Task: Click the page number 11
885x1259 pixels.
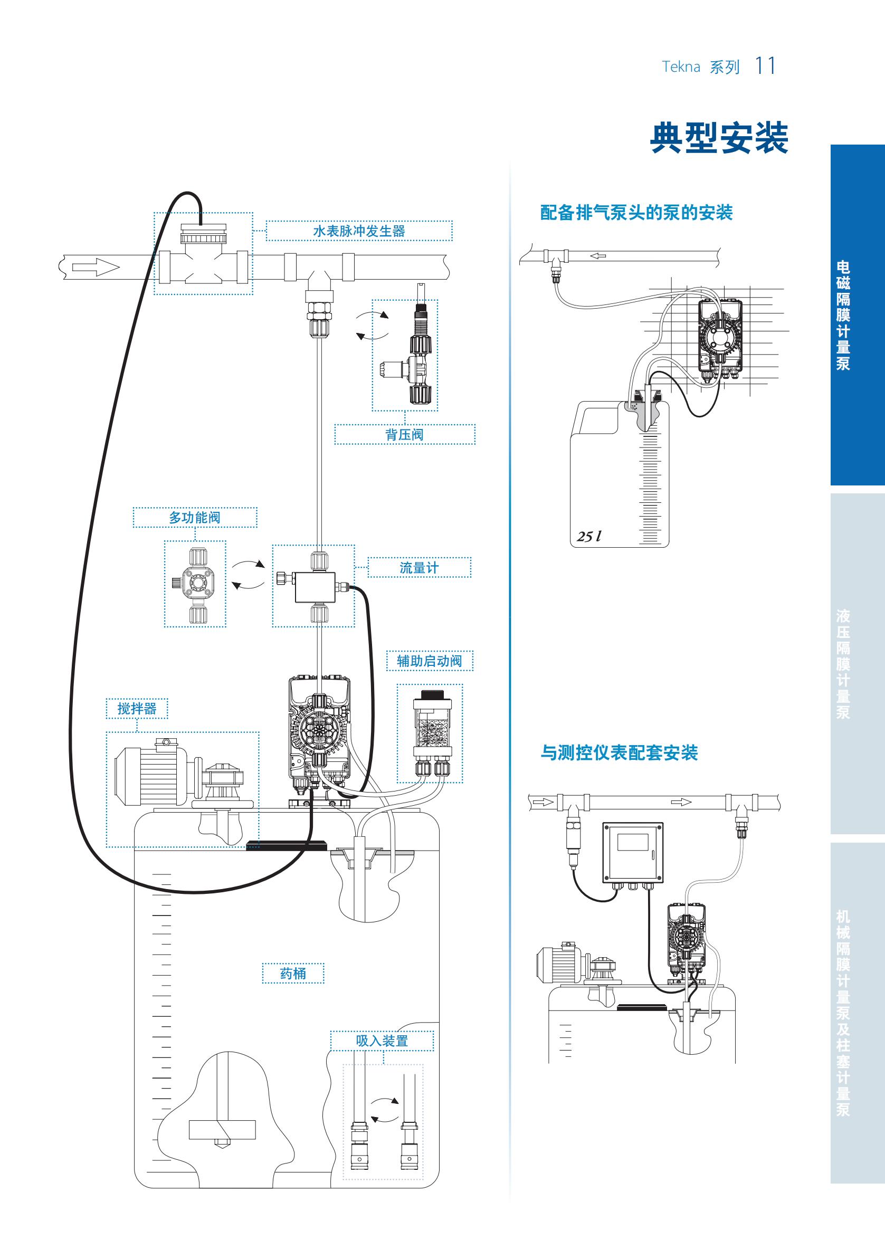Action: [x=765, y=66]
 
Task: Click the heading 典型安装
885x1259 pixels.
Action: [x=718, y=138]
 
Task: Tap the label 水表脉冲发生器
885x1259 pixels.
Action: [x=359, y=231]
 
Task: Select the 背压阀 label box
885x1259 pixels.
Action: [x=404, y=434]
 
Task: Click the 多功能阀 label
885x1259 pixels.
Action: [x=195, y=517]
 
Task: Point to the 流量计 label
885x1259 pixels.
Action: [x=419, y=568]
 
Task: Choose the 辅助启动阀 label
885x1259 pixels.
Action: [x=430, y=661]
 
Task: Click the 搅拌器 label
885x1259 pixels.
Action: [x=137, y=709]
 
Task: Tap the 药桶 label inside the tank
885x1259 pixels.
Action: [x=293, y=974]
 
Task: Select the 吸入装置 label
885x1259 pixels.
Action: [x=382, y=1041]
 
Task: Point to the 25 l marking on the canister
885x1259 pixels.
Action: [x=589, y=536]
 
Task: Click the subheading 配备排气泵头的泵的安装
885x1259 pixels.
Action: [x=636, y=213]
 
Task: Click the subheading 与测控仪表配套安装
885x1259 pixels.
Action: [x=619, y=753]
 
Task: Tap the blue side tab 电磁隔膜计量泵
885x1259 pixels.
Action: [x=843, y=316]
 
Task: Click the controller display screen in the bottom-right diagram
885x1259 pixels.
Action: [x=633, y=842]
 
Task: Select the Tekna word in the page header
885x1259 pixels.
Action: [x=680, y=67]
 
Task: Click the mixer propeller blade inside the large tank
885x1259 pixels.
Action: [x=222, y=1129]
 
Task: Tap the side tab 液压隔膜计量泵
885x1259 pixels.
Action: [x=843, y=663]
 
